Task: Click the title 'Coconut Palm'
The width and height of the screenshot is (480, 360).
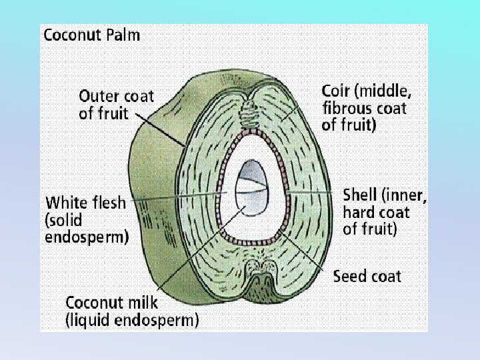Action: (x=92, y=35)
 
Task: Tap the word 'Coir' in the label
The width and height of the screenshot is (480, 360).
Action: (x=336, y=91)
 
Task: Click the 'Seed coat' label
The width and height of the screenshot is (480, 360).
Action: (x=367, y=276)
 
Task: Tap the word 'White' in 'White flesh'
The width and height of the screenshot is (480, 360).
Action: (x=65, y=202)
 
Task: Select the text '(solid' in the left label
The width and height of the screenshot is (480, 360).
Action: (x=65, y=219)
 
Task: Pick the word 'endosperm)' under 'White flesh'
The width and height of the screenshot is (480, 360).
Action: (x=87, y=235)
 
